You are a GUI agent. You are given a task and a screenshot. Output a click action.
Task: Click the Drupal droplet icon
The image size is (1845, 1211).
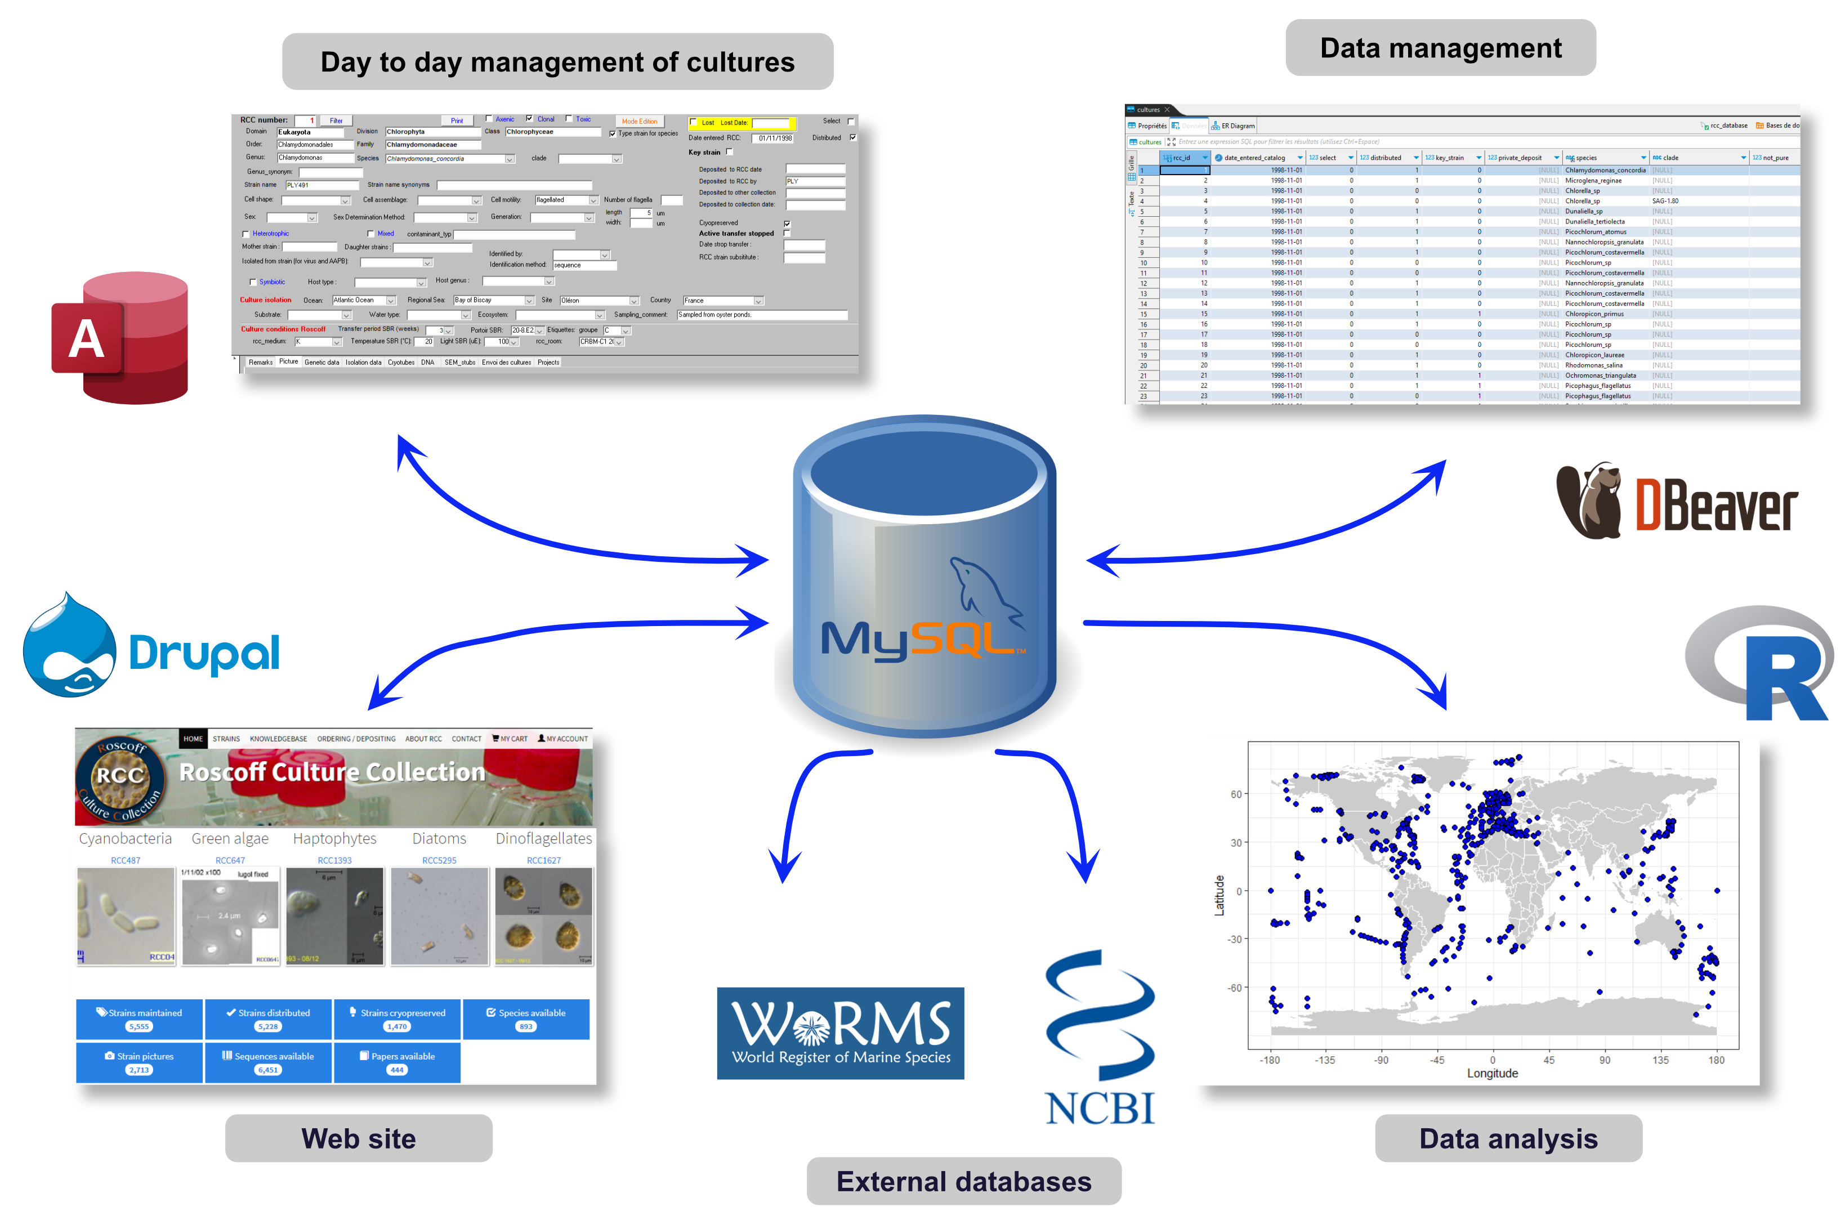[x=70, y=646]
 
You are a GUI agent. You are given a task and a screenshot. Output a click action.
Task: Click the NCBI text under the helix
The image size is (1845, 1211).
[x=1099, y=1107]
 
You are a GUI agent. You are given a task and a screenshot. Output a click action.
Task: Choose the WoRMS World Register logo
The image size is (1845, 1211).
[x=841, y=1033]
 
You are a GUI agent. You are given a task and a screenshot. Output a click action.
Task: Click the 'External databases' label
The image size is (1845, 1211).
[x=963, y=1181]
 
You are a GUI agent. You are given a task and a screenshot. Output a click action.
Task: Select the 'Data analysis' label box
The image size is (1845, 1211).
[x=1508, y=1138]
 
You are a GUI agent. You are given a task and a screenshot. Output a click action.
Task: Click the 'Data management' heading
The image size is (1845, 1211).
[x=1440, y=48]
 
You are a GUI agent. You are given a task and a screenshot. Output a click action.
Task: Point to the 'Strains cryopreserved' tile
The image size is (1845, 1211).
[x=397, y=1018]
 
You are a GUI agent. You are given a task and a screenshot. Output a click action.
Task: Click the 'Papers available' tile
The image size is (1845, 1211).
[x=397, y=1062]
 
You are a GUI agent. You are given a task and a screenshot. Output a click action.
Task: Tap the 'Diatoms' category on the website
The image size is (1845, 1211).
[x=439, y=838]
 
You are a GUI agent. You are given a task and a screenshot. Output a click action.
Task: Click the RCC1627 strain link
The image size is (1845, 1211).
[x=543, y=860]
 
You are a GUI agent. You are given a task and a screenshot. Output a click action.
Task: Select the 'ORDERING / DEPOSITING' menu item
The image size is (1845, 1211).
[x=356, y=739]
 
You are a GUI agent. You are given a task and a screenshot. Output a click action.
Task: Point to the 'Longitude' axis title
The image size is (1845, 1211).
[x=1491, y=1073]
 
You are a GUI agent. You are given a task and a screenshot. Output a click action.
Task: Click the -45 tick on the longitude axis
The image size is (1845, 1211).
[x=1436, y=1060]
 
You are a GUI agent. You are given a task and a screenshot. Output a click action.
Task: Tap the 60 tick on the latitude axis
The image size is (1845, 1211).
[x=1236, y=794]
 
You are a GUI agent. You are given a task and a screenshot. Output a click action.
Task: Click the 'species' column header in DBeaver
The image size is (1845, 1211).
[x=1586, y=158]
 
